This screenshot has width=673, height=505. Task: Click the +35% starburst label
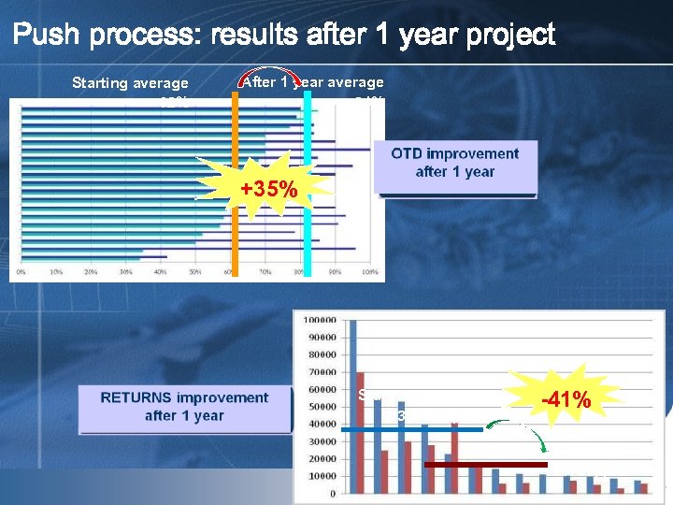tap(269, 190)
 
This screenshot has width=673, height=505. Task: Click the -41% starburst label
tap(566, 400)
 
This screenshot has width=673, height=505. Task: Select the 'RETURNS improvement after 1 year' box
tap(184, 407)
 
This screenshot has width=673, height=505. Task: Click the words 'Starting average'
tap(130, 83)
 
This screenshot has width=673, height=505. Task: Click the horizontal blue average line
tap(411, 429)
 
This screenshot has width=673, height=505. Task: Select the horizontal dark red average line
tap(485, 464)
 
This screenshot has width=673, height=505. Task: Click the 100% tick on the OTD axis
tap(369, 272)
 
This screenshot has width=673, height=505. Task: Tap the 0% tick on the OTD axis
tap(21, 272)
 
